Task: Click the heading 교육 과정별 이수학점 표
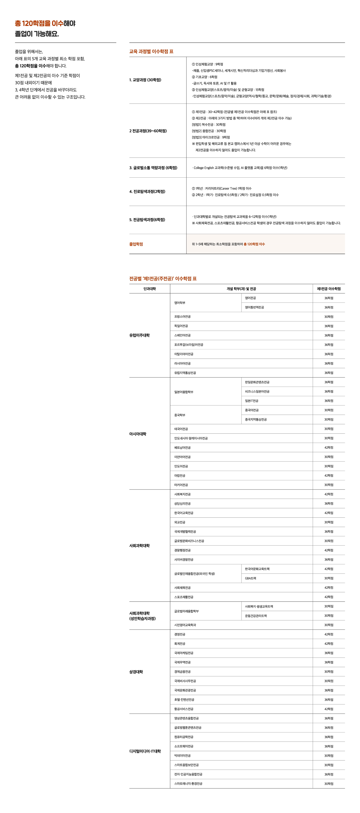point(151,51)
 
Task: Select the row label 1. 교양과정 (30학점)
point(145,80)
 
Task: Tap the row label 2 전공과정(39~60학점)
point(148,131)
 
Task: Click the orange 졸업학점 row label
point(136,244)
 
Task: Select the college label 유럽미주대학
point(139,335)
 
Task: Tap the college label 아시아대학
point(138,434)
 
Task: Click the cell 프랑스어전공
point(182,316)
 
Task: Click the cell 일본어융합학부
point(184,392)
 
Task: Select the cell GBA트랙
point(251,578)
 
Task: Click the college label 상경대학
point(136,672)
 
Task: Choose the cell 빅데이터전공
point(182,756)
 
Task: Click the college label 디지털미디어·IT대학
point(145,751)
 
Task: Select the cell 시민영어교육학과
point(185,625)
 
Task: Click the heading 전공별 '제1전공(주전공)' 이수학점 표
point(163,279)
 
